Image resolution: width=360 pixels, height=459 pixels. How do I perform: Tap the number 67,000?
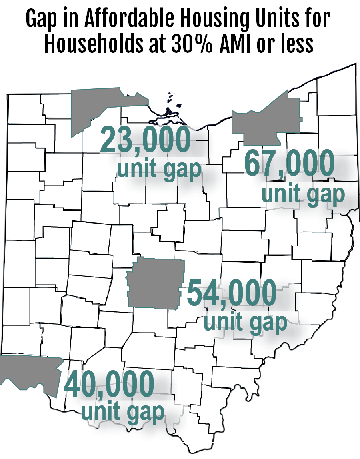(x=289, y=163)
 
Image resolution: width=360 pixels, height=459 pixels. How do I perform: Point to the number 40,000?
(x=109, y=384)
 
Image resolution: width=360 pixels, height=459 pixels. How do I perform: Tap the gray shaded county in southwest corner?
(x=28, y=372)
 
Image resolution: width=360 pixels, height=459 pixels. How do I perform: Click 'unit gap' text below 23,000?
(x=158, y=169)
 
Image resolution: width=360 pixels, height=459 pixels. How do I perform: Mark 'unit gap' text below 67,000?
(x=303, y=194)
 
